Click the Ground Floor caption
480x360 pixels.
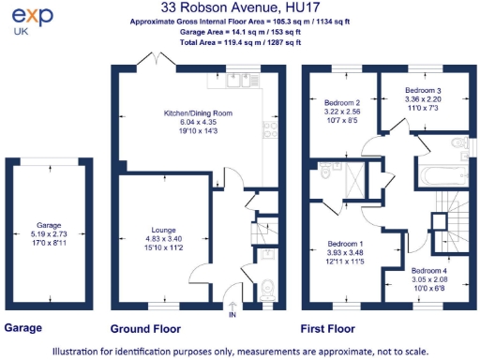click(x=145, y=329)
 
